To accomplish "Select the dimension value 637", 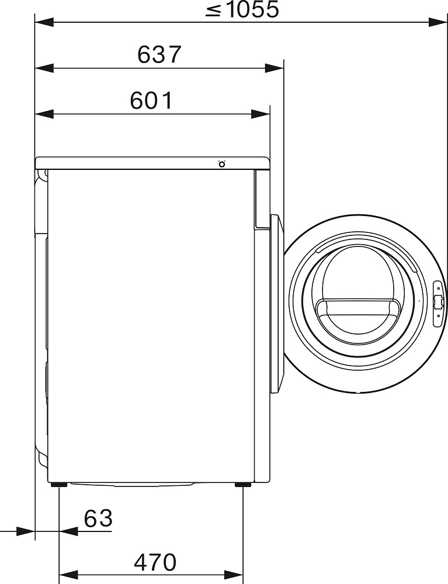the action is pos(159,54).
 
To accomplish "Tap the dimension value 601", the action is pos(151,100).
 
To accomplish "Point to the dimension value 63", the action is pos(98,518).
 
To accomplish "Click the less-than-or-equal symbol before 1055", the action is pos(214,11).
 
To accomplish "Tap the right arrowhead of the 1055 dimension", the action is pos(437,22).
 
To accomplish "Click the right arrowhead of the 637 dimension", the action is pos(274,68).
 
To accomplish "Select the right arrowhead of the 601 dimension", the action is pos(261,114).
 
